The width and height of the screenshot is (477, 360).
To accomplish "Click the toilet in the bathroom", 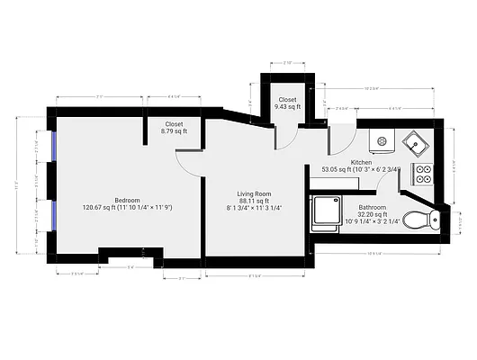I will click(419, 219).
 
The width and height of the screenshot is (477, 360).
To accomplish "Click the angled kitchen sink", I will click(417, 142).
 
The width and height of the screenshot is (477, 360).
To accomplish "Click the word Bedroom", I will click(128, 200).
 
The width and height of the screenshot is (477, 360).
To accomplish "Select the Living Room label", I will click(254, 193).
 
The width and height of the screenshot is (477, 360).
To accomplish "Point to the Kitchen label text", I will click(363, 161).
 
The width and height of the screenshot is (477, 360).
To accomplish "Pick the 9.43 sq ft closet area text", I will click(287, 107).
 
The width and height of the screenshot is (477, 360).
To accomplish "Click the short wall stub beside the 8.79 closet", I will click(147, 129).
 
